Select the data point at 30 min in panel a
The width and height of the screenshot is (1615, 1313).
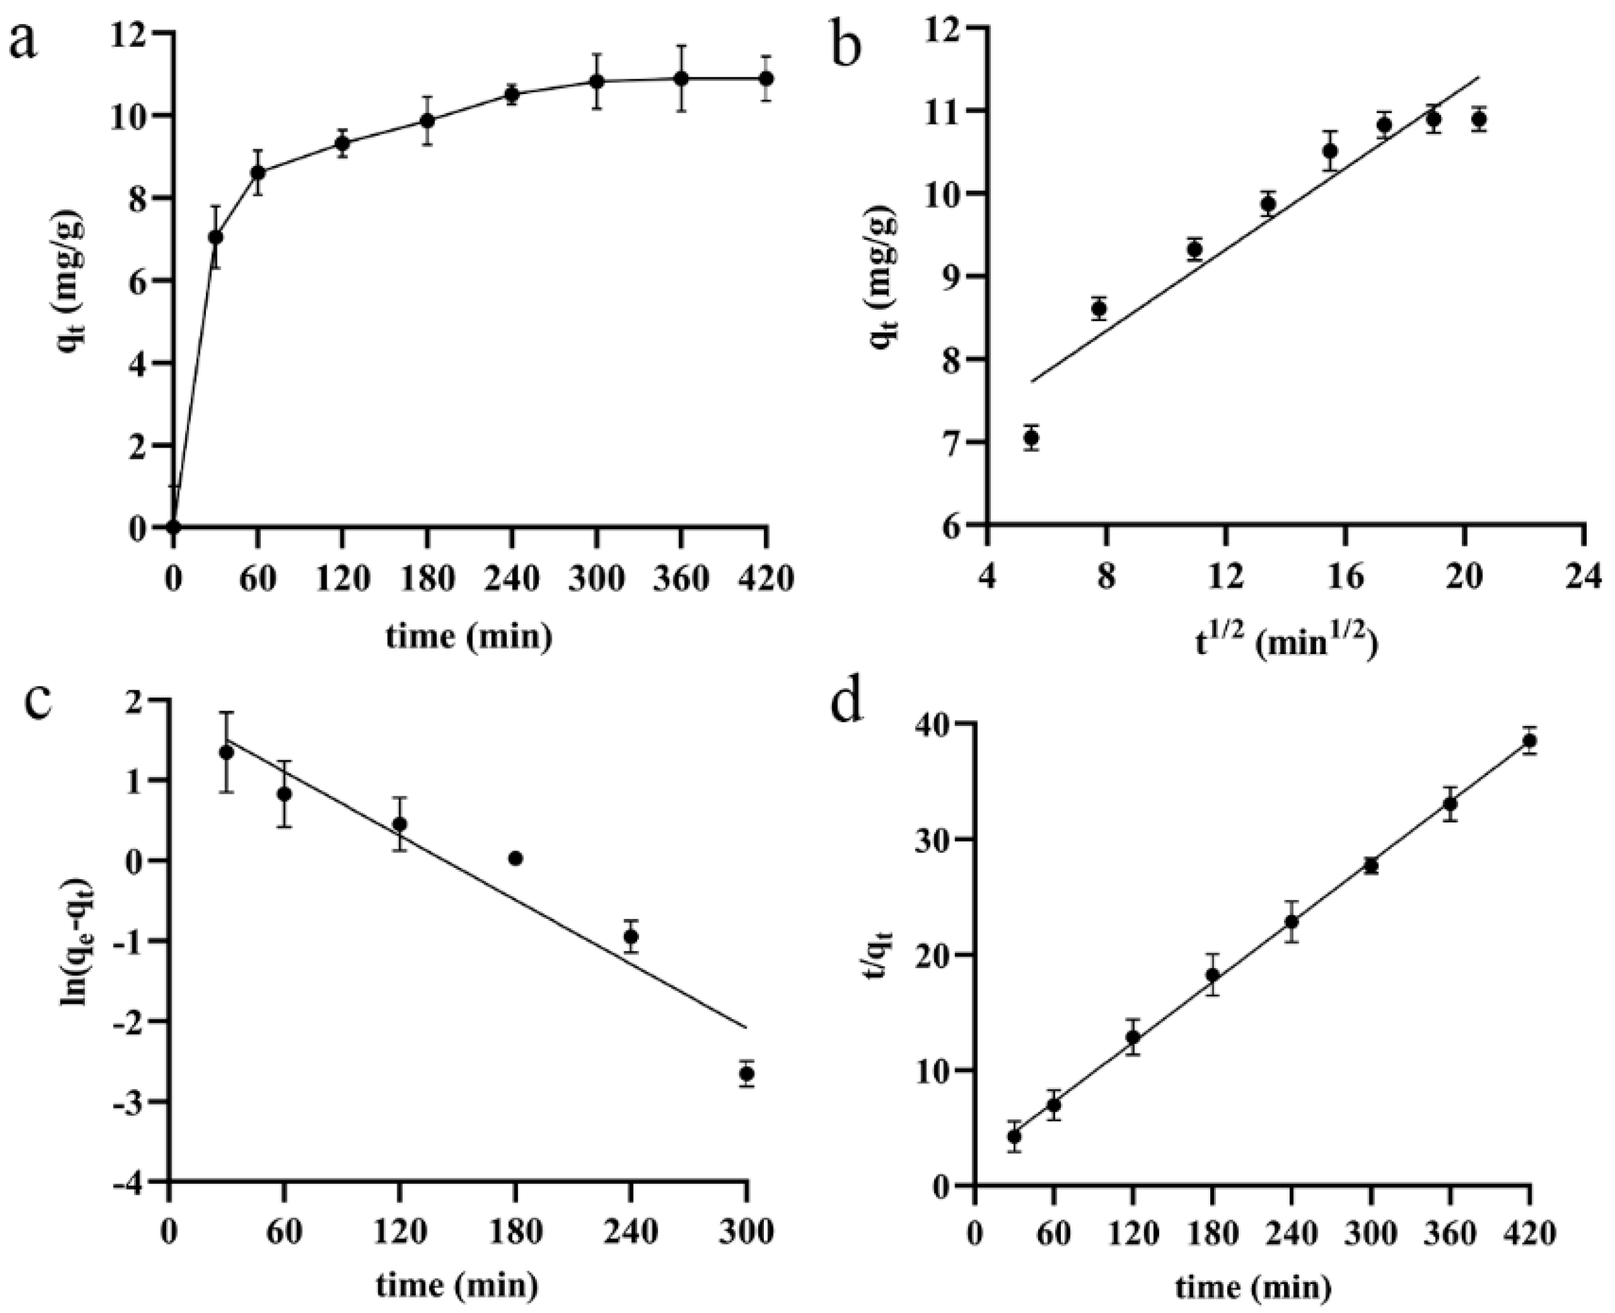[x=216, y=237]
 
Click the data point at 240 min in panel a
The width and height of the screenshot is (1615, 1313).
[x=512, y=95]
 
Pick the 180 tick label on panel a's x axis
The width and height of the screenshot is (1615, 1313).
[x=427, y=578]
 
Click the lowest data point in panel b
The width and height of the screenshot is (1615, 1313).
[x=1031, y=437]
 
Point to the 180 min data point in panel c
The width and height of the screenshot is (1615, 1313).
[x=516, y=859]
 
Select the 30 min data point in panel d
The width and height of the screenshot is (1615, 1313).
[x=1015, y=1136]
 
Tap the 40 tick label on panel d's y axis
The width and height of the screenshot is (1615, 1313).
[x=939, y=724]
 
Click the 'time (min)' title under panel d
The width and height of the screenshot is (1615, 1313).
[x=1253, y=1287]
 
